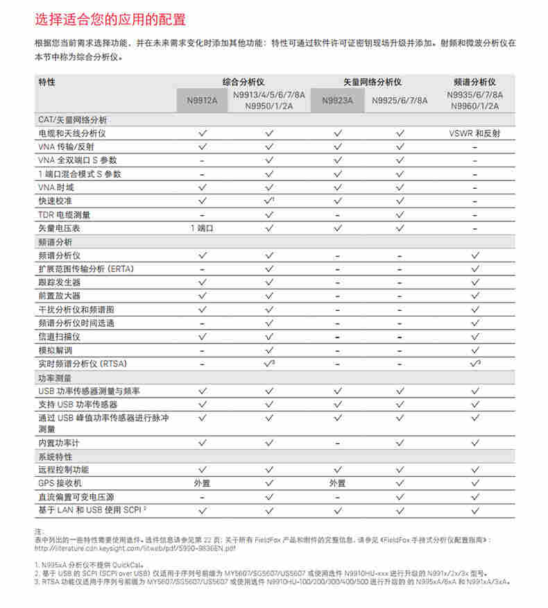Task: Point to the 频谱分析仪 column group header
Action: (x=475, y=81)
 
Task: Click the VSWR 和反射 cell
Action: (x=475, y=133)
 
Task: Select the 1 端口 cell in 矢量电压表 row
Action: (x=202, y=228)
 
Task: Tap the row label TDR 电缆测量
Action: (x=65, y=214)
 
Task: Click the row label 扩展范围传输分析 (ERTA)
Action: (x=86, y=269)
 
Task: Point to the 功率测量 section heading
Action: (x=55, y=378)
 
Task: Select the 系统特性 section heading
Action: (x=55, y=456)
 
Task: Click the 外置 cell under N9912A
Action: (x=202, y=483)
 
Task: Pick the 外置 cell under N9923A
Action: (x=338, y=483)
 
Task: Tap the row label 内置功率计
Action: (x=60, y=442)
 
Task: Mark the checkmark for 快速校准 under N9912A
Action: (x=202, y=201)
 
